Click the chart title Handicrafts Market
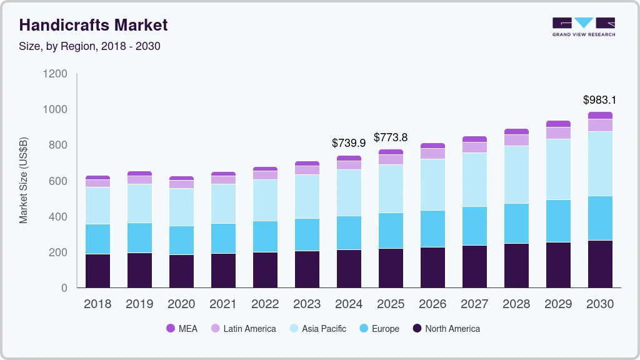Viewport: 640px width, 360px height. point(93,25)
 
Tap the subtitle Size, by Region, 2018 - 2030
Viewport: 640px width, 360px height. point(89,46)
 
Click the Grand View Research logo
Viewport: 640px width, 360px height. point(583,26)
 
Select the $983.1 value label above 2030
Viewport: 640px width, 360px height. point(599,100)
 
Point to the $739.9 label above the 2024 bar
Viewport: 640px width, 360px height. point(349,143)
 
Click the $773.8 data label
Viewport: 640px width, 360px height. point(391,137)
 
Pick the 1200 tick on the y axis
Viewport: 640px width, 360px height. point(55,74)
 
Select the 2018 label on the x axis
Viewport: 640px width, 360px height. point(97,304)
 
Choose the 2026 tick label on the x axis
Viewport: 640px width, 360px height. point(432,304)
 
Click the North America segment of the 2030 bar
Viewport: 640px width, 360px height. point(600,264)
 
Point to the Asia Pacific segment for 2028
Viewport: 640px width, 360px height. point(516,174)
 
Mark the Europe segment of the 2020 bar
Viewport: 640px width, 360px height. point(181,240)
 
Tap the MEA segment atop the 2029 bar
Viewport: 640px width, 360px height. point(558,124)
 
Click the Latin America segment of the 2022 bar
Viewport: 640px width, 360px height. point(265,175)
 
